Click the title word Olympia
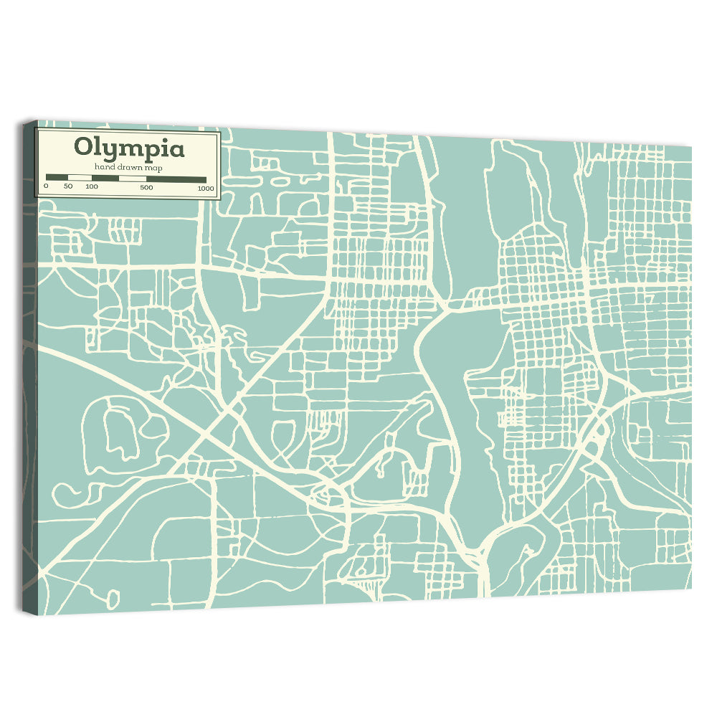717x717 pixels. pyautogui.click(x=129, y=148)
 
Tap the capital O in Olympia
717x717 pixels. pyautogui.click(x=83, y=148)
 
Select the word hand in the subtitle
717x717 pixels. pyautogui.click(x=103, y=168)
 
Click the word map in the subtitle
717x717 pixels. pyautogui.click(x=153, y=168)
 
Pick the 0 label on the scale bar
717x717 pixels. pyautogui.click(x=46, y=187)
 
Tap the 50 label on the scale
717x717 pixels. pyautogui.click(x=68, y=187)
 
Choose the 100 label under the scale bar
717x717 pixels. pyautogui.click(x=91, y=187)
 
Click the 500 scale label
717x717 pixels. pyautogui.click(x=146, y=188)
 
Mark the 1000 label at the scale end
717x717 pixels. pyautogui.click(x=206, y=189)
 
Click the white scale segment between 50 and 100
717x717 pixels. pyautogui.click(x=80, y=178)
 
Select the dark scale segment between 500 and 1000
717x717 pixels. pyautogui.click(x=176, y=179)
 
